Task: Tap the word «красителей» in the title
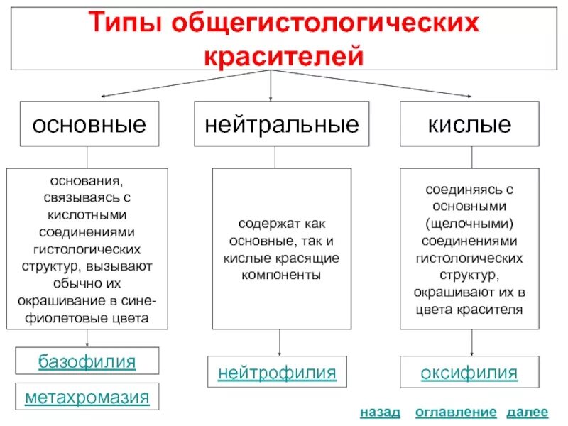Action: [x=285, y=55]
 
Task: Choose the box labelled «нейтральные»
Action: [x=282, y=125]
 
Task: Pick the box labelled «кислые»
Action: [x=469, y=125]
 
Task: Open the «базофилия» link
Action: [x=87, y=362]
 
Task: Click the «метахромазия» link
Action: [x=87, y=397]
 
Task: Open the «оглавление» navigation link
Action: [x=455, y=413]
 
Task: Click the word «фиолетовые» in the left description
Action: [x=62, y=317]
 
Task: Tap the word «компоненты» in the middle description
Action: [x=281, y=273]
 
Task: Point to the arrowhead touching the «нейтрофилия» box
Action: [x=279, y=354]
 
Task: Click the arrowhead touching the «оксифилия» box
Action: [x=471, y=354]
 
